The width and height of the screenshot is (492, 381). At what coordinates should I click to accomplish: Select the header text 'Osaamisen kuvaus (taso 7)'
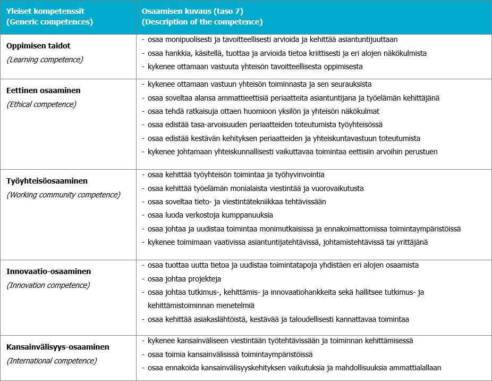coord(188,11)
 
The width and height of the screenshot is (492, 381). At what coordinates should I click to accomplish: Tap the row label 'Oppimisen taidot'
coord(38,46)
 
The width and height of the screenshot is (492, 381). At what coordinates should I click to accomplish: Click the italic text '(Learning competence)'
coord(45,60)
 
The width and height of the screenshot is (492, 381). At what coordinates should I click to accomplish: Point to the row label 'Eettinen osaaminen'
coord(44,91)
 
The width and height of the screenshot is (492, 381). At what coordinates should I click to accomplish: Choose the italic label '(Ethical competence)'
coord(41,104)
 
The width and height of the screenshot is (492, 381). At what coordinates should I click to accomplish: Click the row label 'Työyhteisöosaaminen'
coord(47,181)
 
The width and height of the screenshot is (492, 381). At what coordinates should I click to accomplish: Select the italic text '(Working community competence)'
coord(63,195)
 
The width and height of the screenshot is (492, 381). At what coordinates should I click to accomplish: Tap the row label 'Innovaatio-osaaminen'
coord(48,272)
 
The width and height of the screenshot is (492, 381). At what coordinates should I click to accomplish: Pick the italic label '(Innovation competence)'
coord(48,285)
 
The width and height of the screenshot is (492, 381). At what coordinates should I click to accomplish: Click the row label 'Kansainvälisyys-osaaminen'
coord(58,347)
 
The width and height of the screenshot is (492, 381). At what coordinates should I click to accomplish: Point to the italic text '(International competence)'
coord(52,361)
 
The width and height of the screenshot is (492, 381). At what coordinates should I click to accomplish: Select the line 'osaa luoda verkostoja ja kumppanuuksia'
coord(210,215)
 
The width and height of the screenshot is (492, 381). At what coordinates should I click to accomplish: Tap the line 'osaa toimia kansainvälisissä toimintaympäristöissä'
coord(230,354)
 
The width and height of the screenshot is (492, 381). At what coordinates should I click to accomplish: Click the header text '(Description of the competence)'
coord(202,22)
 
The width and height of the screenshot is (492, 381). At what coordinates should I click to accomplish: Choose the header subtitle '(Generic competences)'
coord(50,22)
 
